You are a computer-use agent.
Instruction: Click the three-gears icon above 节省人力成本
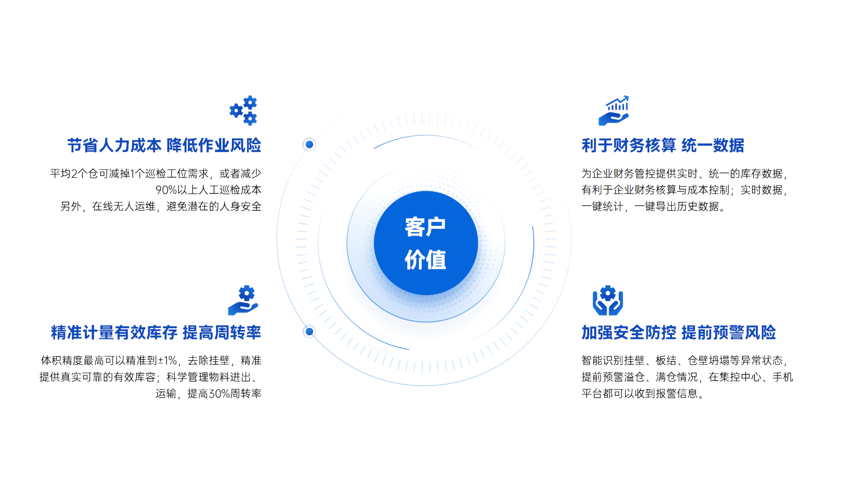click(243, 110)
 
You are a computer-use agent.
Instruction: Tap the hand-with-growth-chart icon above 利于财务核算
click(614, 111)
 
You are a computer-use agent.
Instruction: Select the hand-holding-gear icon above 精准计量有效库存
click(243, 301)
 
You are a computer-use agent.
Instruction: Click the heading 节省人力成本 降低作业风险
click(164, 145)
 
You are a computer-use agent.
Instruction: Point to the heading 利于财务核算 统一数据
click(662, 145)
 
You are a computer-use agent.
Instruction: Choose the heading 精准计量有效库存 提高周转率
click(156, 332)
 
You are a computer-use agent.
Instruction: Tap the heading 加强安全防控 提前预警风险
click(678, 332)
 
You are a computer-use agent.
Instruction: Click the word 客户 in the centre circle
click(425, 227)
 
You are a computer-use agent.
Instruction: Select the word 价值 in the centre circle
click(425, 260)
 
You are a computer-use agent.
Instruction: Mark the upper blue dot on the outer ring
click(309, 145)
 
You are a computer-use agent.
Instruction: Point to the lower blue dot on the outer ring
click(309, 332)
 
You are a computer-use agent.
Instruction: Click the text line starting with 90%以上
click(208, 190)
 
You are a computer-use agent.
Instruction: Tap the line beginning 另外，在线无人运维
click(161, 206)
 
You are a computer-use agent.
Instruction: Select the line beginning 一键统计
click(653, 206)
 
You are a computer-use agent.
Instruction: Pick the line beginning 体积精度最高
click(151, 361)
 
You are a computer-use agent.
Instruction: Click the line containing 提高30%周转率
click(208, 393)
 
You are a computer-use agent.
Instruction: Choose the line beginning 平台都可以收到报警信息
click(642, 393)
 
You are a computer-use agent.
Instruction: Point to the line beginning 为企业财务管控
click(684, 173)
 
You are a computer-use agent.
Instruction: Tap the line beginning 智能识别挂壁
click(684, 361)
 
